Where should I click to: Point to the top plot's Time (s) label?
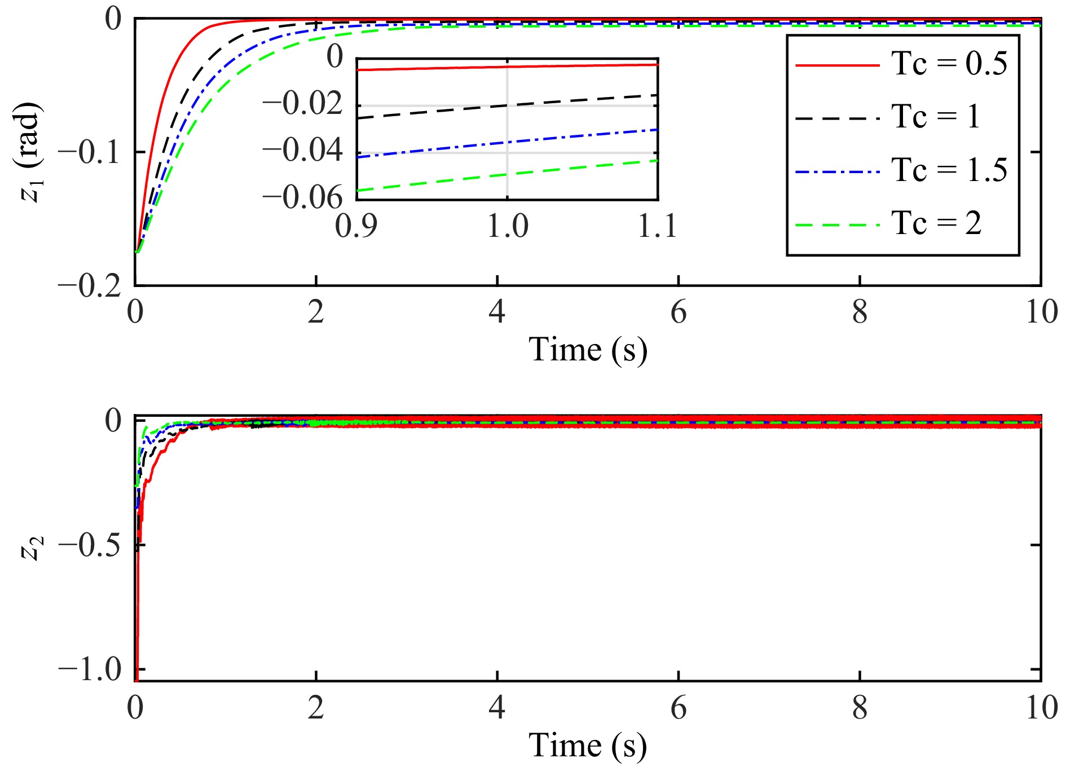(x=587, y=350)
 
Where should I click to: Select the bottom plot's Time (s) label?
(x=587, y=746)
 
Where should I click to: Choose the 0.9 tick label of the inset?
(x=356, y=226)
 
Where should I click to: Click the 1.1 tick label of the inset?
(x=657, y=226)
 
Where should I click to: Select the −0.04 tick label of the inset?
(x=302, y=151)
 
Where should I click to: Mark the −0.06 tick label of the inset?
(x=302, y=197)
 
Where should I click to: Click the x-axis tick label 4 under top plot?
(x=497, y=312)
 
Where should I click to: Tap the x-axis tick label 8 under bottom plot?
(x=860, y=708)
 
